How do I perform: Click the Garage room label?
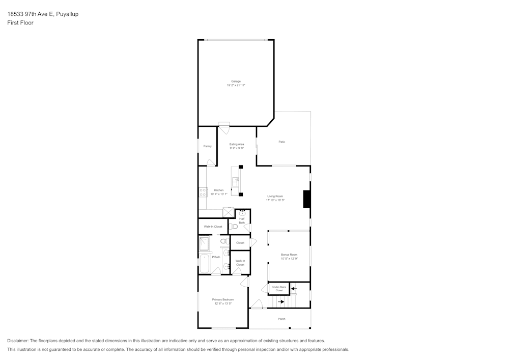(x=236, y=81)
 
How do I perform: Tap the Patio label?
(x=281, y=142)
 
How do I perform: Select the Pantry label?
(x=207, y=146)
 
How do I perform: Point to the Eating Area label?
(x=237, y=144)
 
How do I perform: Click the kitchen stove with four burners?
(x=203, y=192)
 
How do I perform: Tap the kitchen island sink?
(x=236, y=182)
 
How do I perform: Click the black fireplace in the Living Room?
(x=307, y=199)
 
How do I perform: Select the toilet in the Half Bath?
(x=233, y=226)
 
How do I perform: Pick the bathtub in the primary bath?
(x=205, y=263)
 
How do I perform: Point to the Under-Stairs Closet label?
(x=279, y=289)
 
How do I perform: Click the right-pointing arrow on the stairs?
(x=280, y=301)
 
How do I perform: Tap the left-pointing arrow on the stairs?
(x=294, y=288)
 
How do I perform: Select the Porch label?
(x=281, y=319)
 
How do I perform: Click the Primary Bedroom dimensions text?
(x=223, y=303)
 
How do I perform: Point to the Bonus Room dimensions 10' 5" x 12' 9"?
(x=289, y=259)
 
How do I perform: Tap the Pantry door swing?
(x=211, y=163)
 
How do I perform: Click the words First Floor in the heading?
(x=20, y=23)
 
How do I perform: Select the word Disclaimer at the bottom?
(x=18, y=341)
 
